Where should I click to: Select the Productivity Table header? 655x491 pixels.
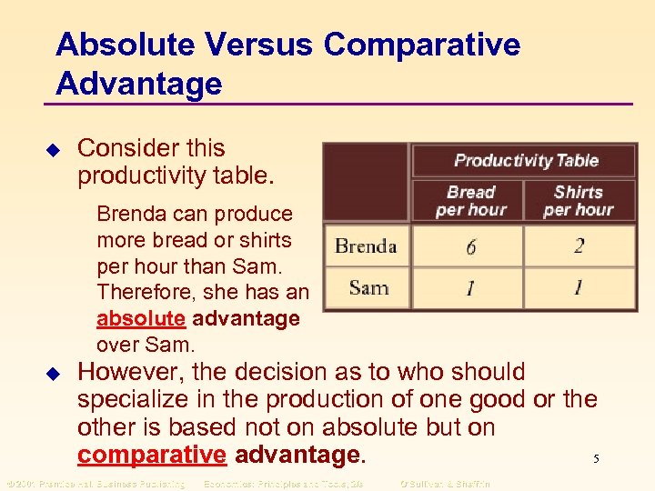click(x=525, y=161)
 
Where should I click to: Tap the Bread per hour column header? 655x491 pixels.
click(x=470, y=201)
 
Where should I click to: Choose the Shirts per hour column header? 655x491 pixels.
click(x=578, y=201)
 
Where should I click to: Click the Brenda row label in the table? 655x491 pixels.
click(x=366, y=245)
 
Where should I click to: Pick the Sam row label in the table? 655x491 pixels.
click(x=368, y=288)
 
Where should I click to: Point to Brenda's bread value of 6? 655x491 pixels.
click(x=470, y=246)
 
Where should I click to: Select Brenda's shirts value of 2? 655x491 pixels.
click(x=579, y=246)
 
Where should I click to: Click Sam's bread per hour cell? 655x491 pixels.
click(x=470, y=289)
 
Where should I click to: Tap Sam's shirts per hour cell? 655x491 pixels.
click(x=579, y=289)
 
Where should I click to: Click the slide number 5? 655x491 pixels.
click(x=596, y=459)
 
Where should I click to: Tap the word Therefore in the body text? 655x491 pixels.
click(x=138, y=293)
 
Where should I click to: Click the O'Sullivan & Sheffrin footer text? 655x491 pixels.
click(x=445, y=484)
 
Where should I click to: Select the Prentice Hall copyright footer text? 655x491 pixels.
click(x=96, y=484)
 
